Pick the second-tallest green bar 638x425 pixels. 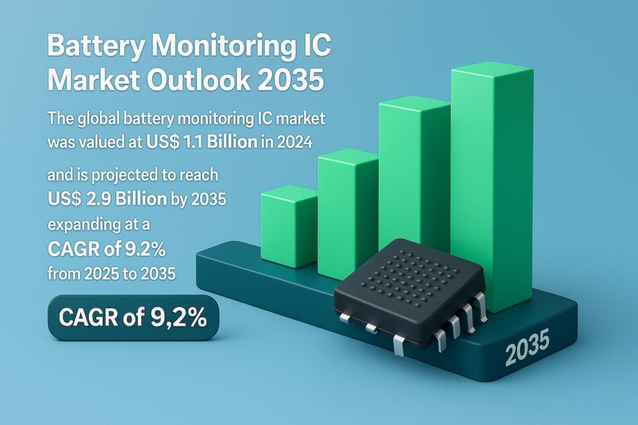pyautogui.click(x=414, y=168)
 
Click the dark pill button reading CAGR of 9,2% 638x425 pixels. pyautogui.click(x=133, y=317)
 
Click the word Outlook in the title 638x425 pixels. pyautogui.click(x=198, y=81)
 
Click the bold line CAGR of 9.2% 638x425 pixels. pyautogui.click(x=107, y=249)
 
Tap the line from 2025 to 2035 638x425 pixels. pyautogui.click(x=111, y=273)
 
